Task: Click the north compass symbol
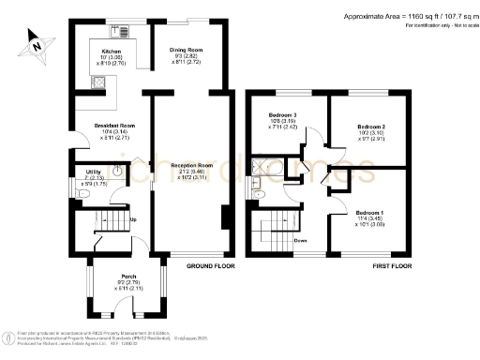(x=35, y=41)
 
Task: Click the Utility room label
(x=94, y=173)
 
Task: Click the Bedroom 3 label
(x=282, y=114)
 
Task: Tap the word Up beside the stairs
(x=133, y=220)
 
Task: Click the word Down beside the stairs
(x=301, y=240)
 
